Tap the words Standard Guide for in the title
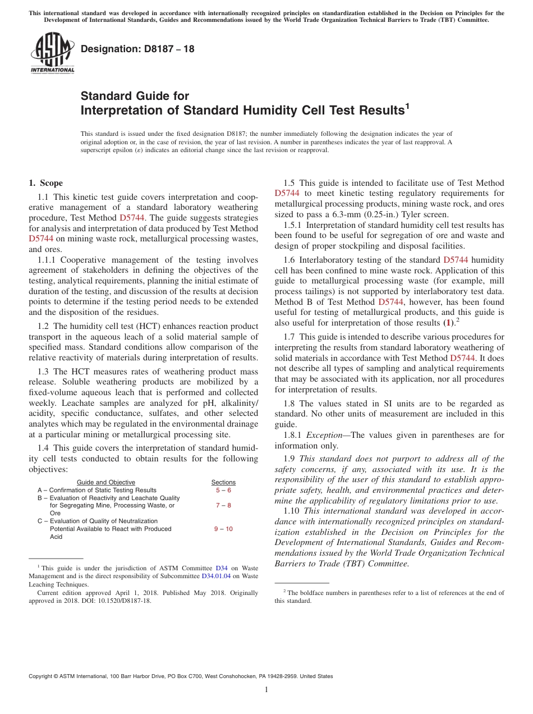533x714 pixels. tap(135, 96)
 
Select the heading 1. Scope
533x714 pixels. tap(46, 183)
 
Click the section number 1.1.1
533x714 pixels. tap(48, 260)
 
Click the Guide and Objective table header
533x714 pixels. tap(105, 482)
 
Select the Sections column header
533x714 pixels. tap(223, 482)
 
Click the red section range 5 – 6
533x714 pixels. tap(223, 490)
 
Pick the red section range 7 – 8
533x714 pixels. tap(223, 506)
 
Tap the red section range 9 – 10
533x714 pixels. tap(223, 529)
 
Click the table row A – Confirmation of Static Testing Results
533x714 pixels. tap(97, 490)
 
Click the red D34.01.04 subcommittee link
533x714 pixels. tap(216, 576)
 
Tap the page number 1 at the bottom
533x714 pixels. tap(266, 690)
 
